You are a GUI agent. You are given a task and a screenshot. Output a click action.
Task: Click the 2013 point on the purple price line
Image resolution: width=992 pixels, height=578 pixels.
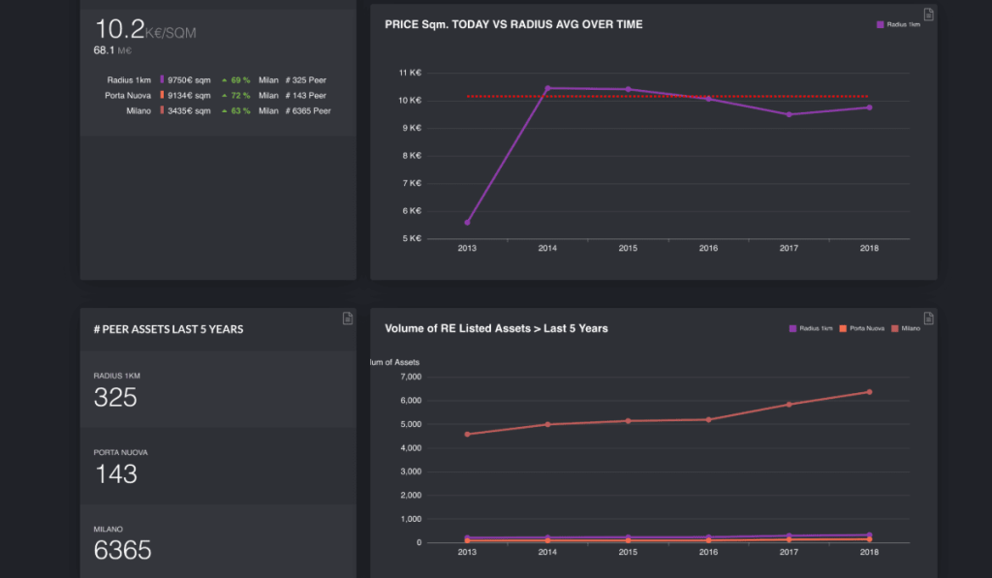click(x=467, y=223)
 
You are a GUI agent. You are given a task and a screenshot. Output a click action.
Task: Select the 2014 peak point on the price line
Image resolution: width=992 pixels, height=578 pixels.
click(x=547, y=88)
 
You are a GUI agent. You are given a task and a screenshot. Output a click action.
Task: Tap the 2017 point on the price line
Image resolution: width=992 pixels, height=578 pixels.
click(x=789, y=114)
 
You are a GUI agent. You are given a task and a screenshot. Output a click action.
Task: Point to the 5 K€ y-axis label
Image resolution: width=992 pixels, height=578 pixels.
click(x=410, y=238)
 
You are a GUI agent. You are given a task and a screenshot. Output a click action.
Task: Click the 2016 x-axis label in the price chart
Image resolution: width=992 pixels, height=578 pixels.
click(x=708, y=249)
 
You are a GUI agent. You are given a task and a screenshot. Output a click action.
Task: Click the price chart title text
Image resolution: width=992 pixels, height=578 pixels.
click(x=513, y=24)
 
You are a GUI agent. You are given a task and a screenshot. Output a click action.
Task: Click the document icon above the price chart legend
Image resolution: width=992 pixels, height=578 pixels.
click(x=928, y=14)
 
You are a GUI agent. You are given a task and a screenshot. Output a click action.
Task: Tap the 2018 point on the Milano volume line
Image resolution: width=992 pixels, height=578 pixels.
click(x=869, y=392)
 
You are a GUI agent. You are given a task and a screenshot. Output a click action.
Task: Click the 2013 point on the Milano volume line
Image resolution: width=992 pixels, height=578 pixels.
click(x=467, y=434)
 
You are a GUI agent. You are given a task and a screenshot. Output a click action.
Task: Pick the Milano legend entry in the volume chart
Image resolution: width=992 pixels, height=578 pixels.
click(x=906, y=329)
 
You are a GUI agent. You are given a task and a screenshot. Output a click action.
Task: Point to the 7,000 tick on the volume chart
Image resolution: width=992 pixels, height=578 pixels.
click(x=411, y=377)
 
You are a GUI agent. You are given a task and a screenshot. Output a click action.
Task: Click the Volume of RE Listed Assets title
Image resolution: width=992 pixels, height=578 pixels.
click(x=496, y=328)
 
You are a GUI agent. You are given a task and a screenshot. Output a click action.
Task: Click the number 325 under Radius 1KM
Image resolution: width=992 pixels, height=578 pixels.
click(x=115, y=397)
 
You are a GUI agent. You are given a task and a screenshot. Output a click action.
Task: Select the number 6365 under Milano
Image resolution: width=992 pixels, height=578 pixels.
click(x=122, y=550)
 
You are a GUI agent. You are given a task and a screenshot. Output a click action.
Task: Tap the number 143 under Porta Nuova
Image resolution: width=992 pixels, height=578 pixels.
click(x=115, y=473)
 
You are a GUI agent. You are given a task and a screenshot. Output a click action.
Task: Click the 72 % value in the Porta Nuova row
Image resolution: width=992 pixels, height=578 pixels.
click(x=239, y=96)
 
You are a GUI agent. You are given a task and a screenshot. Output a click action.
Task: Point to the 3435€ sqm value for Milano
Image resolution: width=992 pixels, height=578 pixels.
click(x=189, y=111)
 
